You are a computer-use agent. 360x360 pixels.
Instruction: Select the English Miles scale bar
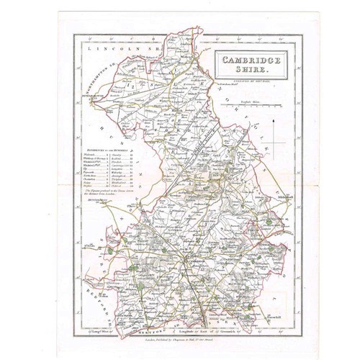point(253,109)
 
